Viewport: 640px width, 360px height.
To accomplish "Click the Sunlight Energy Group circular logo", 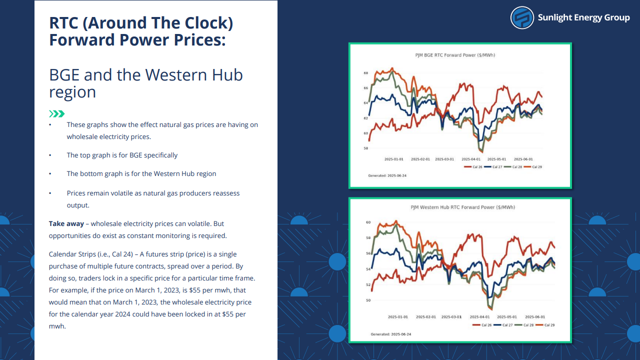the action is (522, 17).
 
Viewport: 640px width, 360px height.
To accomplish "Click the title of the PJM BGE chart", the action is (455, 55).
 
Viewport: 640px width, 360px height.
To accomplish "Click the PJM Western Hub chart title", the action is (462, 207).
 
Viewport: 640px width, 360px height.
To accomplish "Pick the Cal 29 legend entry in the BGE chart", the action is (533, 167).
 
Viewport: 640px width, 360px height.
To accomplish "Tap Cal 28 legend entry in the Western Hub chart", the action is (524, 325).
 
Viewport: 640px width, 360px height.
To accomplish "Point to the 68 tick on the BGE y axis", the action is (365, 73).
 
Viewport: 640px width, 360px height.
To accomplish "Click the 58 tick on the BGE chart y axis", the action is (365, 148).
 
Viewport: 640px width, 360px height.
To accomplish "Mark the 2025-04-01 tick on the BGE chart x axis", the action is (471, 159).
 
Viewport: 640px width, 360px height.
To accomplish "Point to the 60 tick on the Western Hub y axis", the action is (368, 222).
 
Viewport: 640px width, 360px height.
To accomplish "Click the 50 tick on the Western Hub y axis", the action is (368, 300).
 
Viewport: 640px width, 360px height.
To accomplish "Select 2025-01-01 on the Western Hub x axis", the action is (397, 317).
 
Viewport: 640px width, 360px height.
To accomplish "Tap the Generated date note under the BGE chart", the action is (387, 175).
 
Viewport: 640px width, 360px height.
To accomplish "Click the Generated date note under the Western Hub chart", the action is (391, 334).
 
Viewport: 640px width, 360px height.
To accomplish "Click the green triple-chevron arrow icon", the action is (57, 113).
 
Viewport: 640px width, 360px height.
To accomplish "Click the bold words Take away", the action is (66, 223).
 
